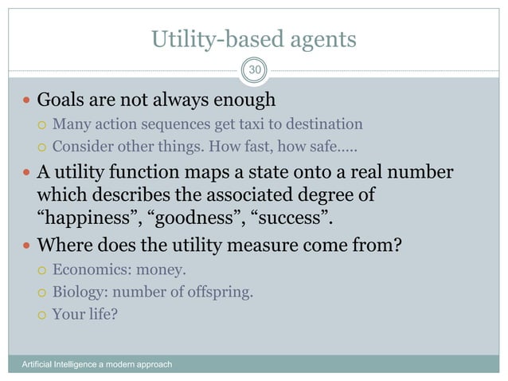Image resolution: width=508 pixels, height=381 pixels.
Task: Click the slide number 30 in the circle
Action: click(x=254, y=71)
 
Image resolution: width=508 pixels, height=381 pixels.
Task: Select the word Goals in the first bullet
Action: click(x=63, y=100)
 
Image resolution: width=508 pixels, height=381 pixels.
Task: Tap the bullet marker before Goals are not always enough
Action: click(x=28, y=101)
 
